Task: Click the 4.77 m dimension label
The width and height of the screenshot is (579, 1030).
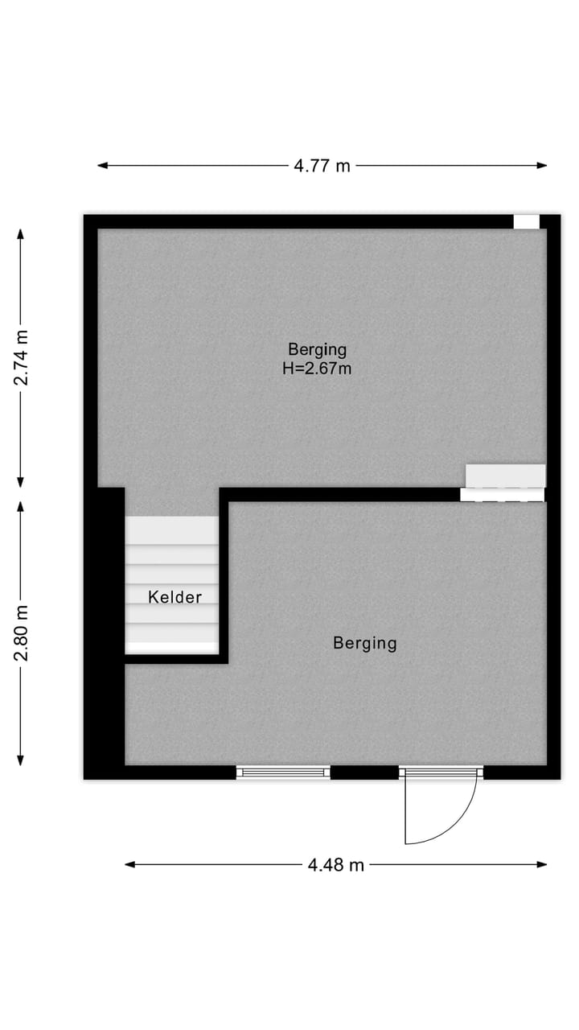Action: [x=322, y=166]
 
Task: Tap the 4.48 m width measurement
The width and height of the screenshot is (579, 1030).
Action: [x=335, y=865]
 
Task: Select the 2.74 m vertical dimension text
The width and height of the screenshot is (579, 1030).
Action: [x=21, y=358]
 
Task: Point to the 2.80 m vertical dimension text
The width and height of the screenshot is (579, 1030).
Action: [x=21, y=632]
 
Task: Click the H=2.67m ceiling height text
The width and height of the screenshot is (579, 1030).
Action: [x=318, y=369]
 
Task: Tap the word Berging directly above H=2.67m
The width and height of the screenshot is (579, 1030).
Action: [x=318, y=349]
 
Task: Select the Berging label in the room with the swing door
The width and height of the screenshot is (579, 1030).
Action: [x=365, y=643]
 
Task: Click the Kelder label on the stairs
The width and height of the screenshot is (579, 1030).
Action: [x=175, y=597]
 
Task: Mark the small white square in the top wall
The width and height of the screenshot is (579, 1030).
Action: [x=526, y=222]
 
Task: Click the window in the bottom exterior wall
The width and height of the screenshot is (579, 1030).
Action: [x=283, y=772]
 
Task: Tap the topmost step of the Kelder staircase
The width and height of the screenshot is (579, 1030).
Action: [x=171, y=529]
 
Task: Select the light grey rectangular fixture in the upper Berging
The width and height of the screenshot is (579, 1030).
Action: [x=506, y=476]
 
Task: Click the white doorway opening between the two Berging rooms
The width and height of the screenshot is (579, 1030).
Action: [x=503, y=495]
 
